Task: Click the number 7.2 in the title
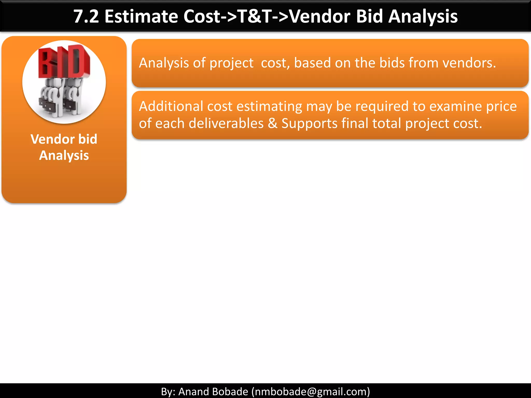click(86, 17)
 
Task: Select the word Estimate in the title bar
click(141, 17)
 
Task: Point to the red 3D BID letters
click(64, 62)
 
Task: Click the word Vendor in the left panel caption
click(50, 139)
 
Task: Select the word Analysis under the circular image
click(64, 156)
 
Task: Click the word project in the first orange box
click(231, 63)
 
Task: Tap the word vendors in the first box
click(469, 63)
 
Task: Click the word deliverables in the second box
click(226, 123)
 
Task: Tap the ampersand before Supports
click(273, 123)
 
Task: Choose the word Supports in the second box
click(309, 123)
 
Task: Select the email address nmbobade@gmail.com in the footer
click(311, 392)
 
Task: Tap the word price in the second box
click(501, 106)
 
